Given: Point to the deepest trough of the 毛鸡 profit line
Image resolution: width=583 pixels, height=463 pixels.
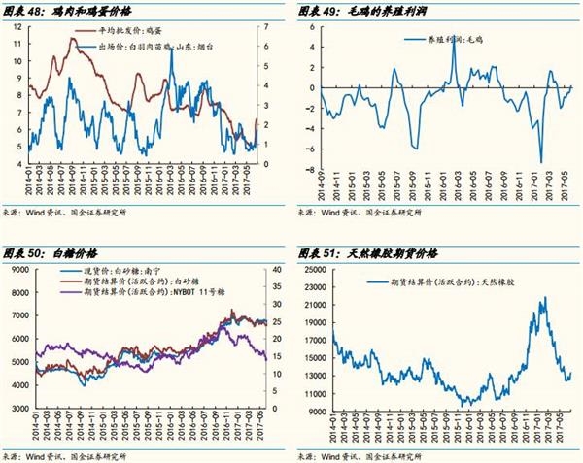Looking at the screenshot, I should click(x=540, y=162).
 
